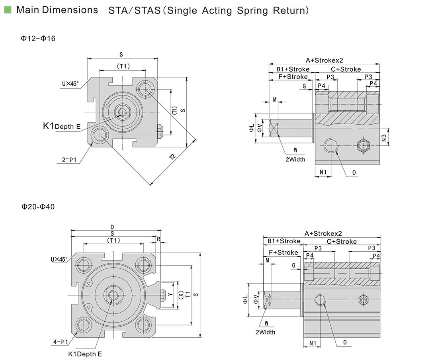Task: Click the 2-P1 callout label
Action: click(x=69, y=160)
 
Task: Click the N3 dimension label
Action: click(x=384, y=137)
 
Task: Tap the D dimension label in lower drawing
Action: click(x=112, y=227)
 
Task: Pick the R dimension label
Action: click(x=158, y=239)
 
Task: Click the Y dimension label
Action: click(x=170, y=294)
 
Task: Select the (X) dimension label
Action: click(x=181, y=295)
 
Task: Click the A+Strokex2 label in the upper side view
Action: click(x=324, y=61)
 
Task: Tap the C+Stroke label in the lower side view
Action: click(x=342, y=241)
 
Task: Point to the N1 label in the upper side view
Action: click(x=323, y=172)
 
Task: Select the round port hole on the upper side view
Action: click(x=331, y=146)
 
